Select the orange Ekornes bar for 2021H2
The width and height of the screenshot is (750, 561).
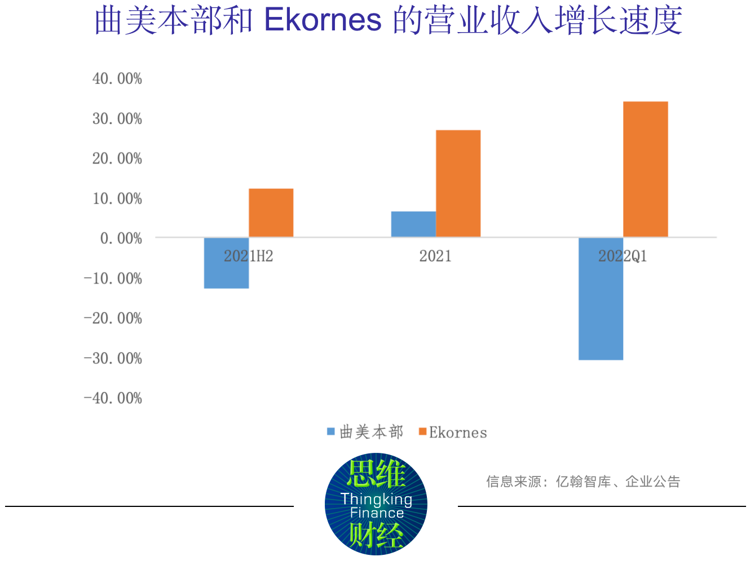pos(271,212)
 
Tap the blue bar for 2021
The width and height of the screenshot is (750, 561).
pos(413,224)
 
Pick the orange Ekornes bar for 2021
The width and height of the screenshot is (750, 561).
pos(458,183)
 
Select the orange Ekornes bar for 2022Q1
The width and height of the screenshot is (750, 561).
pos(645,169)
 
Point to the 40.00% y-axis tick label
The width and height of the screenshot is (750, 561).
pos(117,78)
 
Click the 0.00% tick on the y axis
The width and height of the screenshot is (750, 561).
pos(121,238)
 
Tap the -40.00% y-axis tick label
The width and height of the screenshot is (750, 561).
pos(113,398)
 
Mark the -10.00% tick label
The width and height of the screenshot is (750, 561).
pos(113,278)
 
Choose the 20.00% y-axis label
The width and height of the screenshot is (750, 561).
pos(117,158)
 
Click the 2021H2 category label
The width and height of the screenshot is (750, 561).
pos(248,256)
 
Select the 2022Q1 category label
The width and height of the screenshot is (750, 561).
pos(623,256)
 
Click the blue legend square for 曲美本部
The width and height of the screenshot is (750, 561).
pos(331,432)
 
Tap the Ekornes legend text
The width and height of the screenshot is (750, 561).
pos(458,433)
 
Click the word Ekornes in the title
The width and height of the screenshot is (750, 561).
pos(323,20)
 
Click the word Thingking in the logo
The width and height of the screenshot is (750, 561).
pos(376,499)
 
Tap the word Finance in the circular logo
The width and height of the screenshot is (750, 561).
pos(377,513)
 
